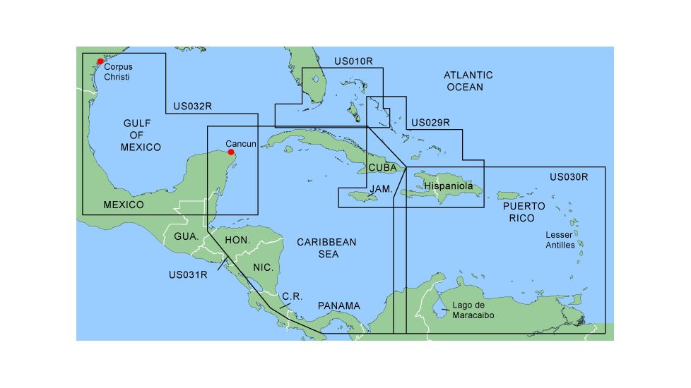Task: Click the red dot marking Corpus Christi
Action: [x=100, y=62]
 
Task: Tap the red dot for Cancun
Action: [x=231, y=152]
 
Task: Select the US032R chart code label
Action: [x=193, y=107]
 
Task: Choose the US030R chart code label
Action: [x=568, y=176]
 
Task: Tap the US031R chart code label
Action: [x=188, y=274]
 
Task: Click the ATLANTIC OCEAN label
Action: [x=468, y=81]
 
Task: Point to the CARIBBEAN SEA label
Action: [x=326, y=248]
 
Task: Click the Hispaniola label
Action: [x=449, y=186]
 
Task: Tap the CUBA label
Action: [x=382, y=168]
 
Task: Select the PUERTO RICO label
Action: [x=523, y=212]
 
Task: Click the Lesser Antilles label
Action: [x=560, y=240]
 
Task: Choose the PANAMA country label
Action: [x=338, y=306]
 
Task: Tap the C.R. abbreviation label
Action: [x=292, y=297]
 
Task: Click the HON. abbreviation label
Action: [x=237, y=241]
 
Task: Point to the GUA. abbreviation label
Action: [x=186, y=236]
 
